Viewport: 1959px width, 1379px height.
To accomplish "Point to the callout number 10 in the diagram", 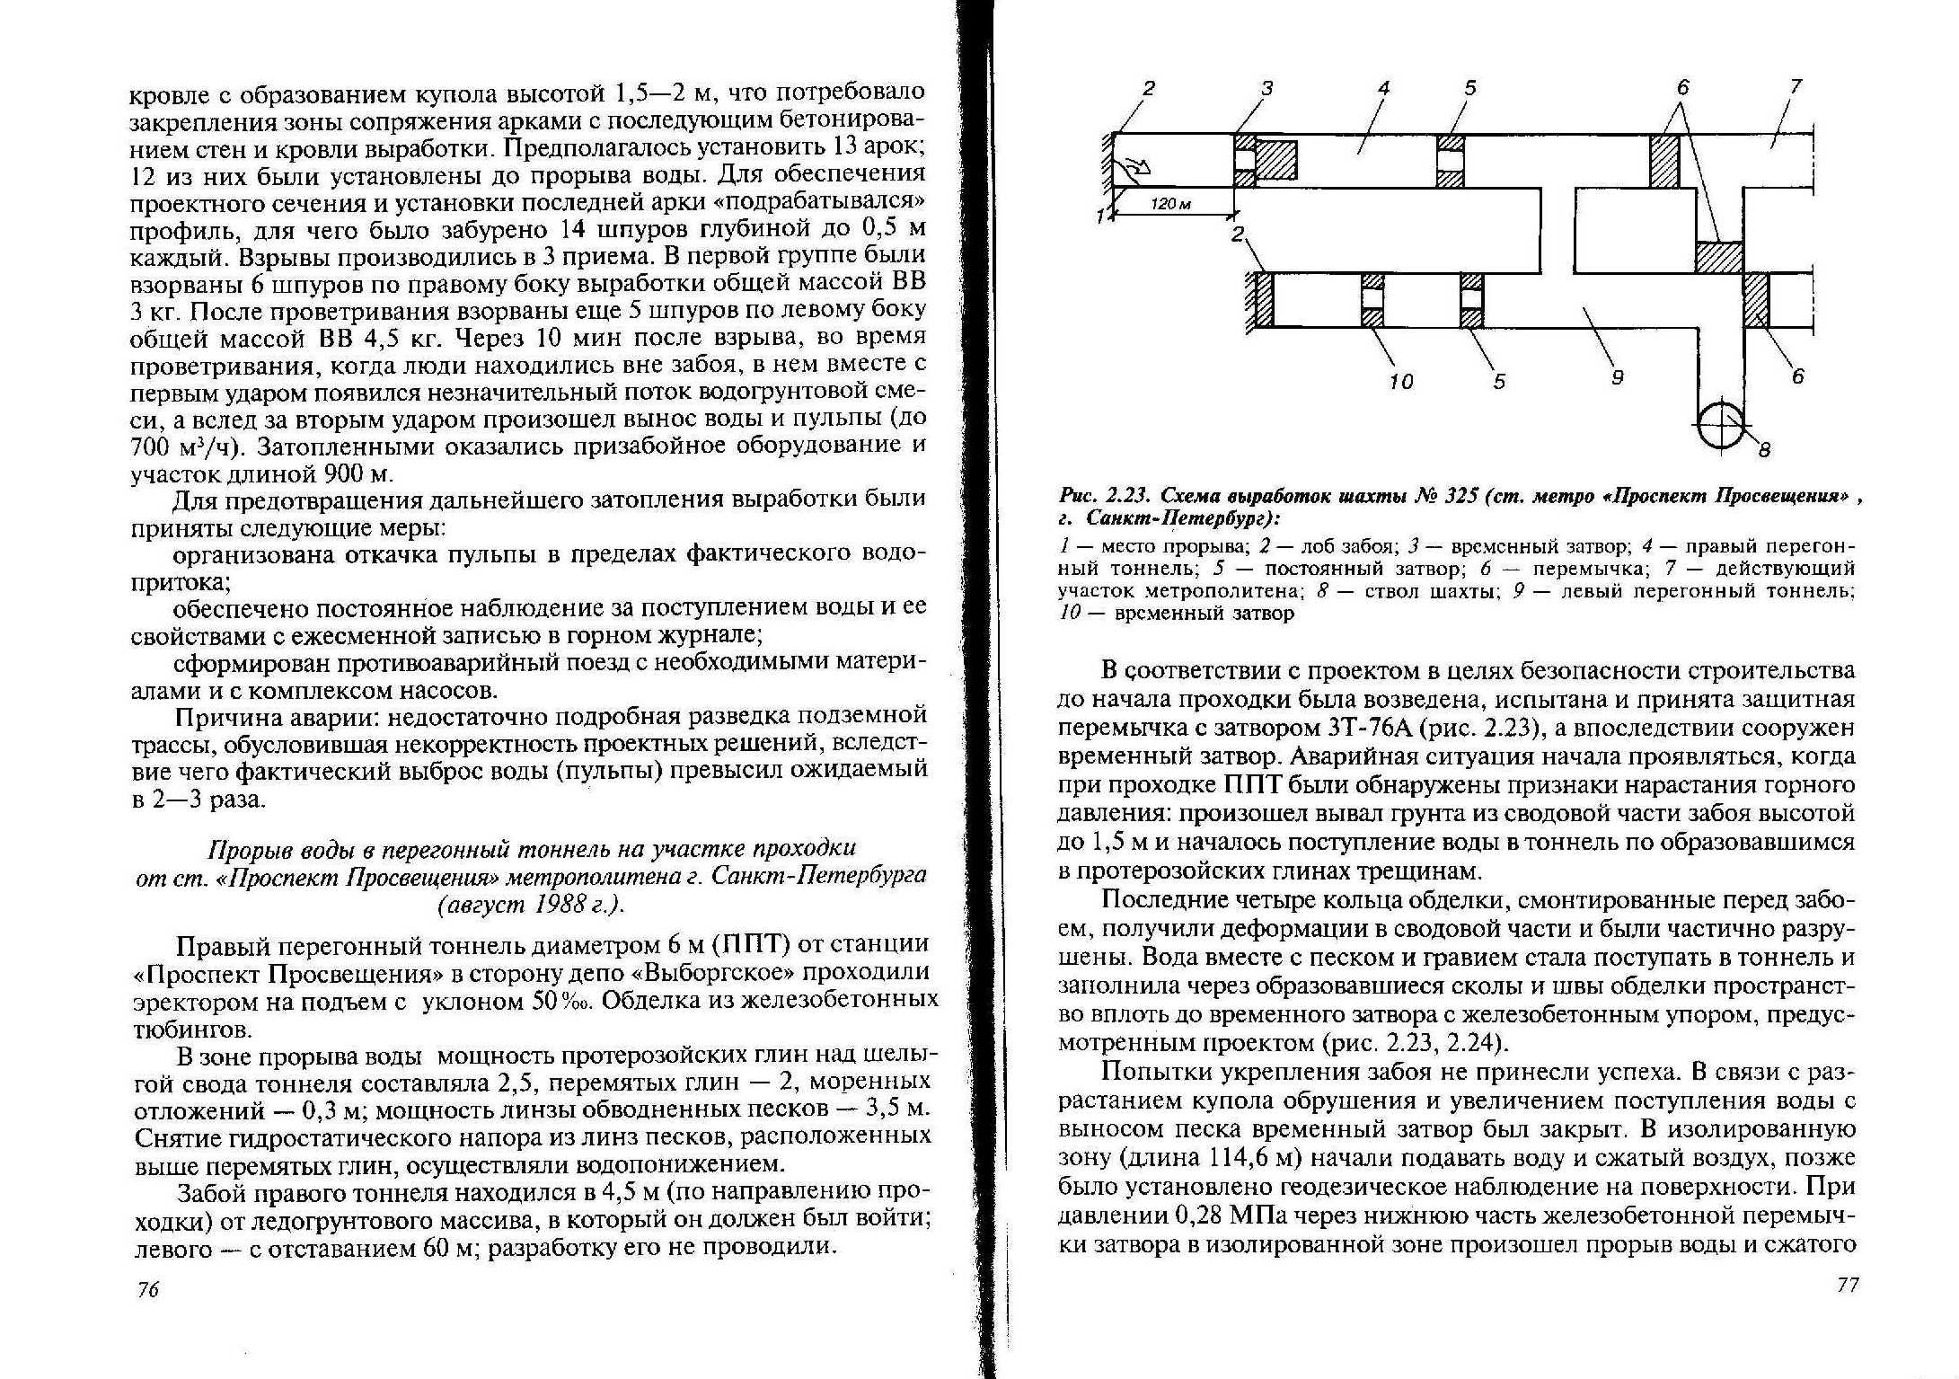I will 1400,381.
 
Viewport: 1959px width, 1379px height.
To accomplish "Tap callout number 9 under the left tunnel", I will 1617,377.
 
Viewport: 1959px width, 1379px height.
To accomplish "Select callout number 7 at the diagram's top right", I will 1796,86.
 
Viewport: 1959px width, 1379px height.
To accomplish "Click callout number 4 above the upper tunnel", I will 1383,88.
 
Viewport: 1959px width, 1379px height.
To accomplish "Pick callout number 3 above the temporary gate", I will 1267,88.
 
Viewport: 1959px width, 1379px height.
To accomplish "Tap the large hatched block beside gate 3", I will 1276,160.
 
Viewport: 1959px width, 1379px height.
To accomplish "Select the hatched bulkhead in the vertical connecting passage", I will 1719,256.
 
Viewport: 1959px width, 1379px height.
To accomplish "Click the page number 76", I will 148,1289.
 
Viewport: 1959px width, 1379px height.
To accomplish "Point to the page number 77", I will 1848,1285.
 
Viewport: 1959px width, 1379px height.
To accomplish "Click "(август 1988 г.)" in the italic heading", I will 531,904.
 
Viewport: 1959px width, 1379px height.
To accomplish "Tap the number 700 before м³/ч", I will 150,446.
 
